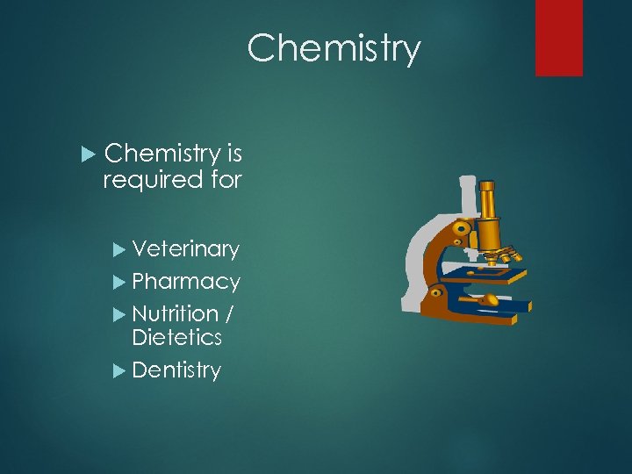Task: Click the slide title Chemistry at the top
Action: pyautogui.click(x=334, y=48)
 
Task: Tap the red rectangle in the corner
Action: pyautogui.click(x=559, y=37)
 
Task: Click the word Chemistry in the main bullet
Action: pyautogui.click(x=162, y=154)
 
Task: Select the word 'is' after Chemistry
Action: pyautogui.click(x=234, y=154)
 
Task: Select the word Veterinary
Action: pyautogui.click(x=185, y=250)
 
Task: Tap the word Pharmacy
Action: pyautogui.click(x=185, y=283)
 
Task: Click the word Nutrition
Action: pyautogui.click(x=175, y=313)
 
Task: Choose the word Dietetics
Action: pyautogui.click(x=176, y=338)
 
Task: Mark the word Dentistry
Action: pyautogui.click(x=176, y=370)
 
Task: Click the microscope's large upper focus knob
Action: pyautogui.click(x=461, y=233)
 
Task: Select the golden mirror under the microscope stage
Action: pyautogui.click(x=488, y=300)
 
